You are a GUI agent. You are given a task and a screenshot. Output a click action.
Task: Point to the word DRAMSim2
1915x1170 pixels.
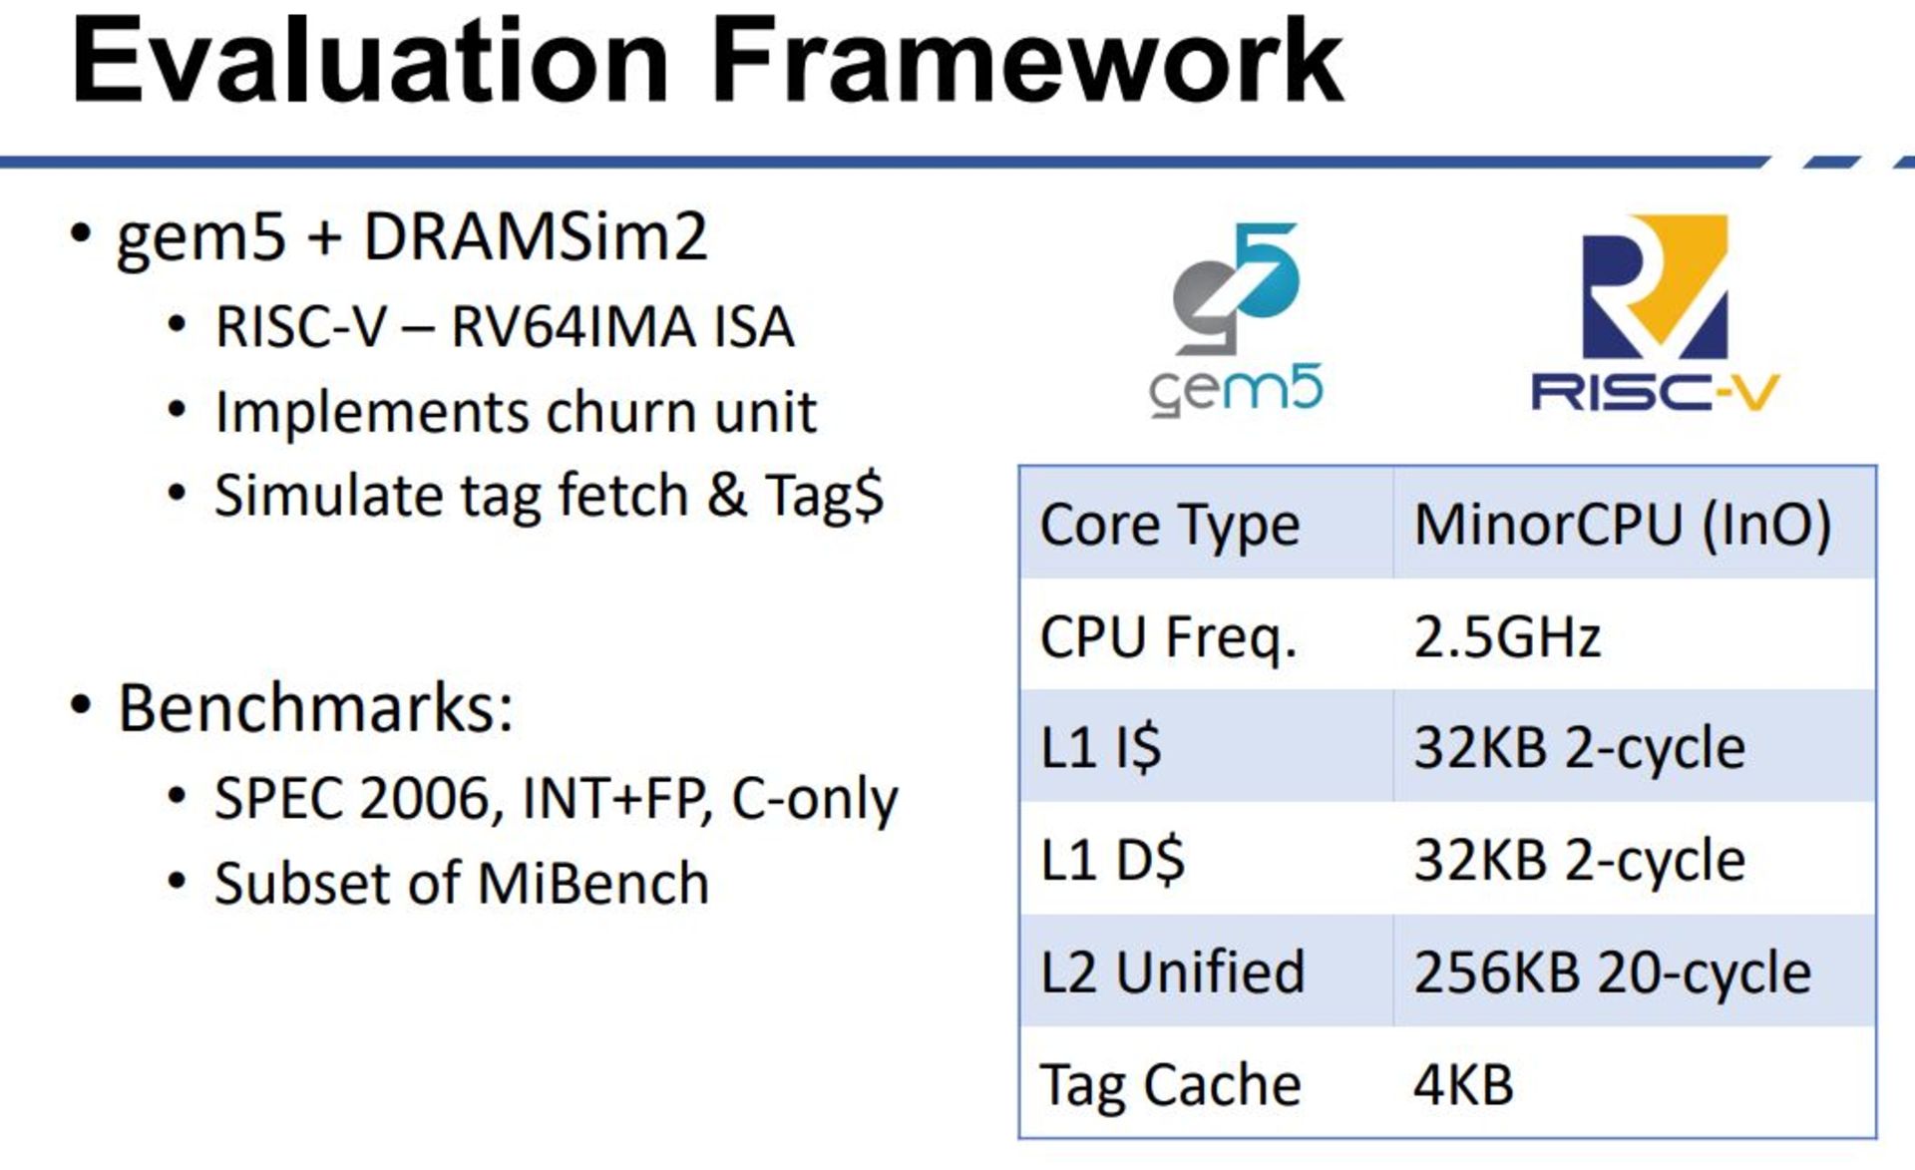(536, 237)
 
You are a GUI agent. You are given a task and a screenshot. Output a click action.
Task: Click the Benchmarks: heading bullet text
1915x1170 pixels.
(315, 708)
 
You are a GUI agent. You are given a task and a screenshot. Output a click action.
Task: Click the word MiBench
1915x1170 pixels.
(592, 883)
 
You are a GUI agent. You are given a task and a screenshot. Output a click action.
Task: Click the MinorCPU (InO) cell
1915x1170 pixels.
(1623, 525)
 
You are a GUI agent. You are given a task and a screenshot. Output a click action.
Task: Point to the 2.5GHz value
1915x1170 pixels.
(1507, 636)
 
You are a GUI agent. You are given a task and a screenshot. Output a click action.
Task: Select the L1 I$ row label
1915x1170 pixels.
(1100, 748)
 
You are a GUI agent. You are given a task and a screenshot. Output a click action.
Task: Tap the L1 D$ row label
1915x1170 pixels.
(1112, 860)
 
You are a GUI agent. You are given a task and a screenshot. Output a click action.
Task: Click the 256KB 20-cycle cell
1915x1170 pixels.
(1612, 973)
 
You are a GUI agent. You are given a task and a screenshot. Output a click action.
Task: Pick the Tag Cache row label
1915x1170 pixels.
(1170, 1085)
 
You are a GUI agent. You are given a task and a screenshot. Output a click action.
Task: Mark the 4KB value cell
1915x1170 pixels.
(1463, 1083)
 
